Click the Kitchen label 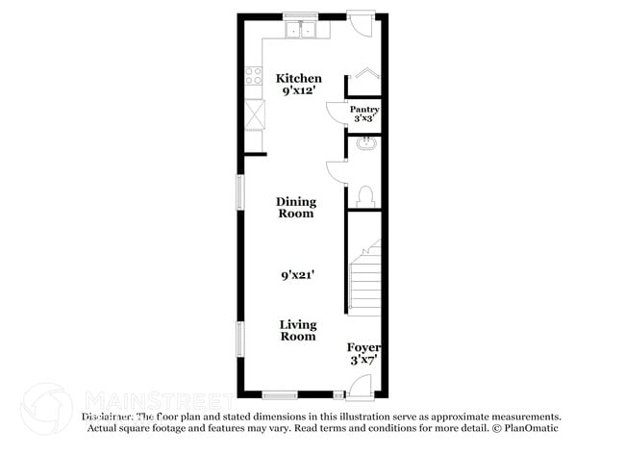click(x=299, y=78)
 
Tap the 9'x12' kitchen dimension click(x=300, y=90)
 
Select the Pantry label click(x=364, y=110)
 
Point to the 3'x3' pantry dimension click(x=364, y=119)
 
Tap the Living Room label click(x=298, y=331)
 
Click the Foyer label click(x=364, y=347)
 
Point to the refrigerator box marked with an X click(x=255, y=114)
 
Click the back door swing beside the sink click(x=359, y=25)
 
